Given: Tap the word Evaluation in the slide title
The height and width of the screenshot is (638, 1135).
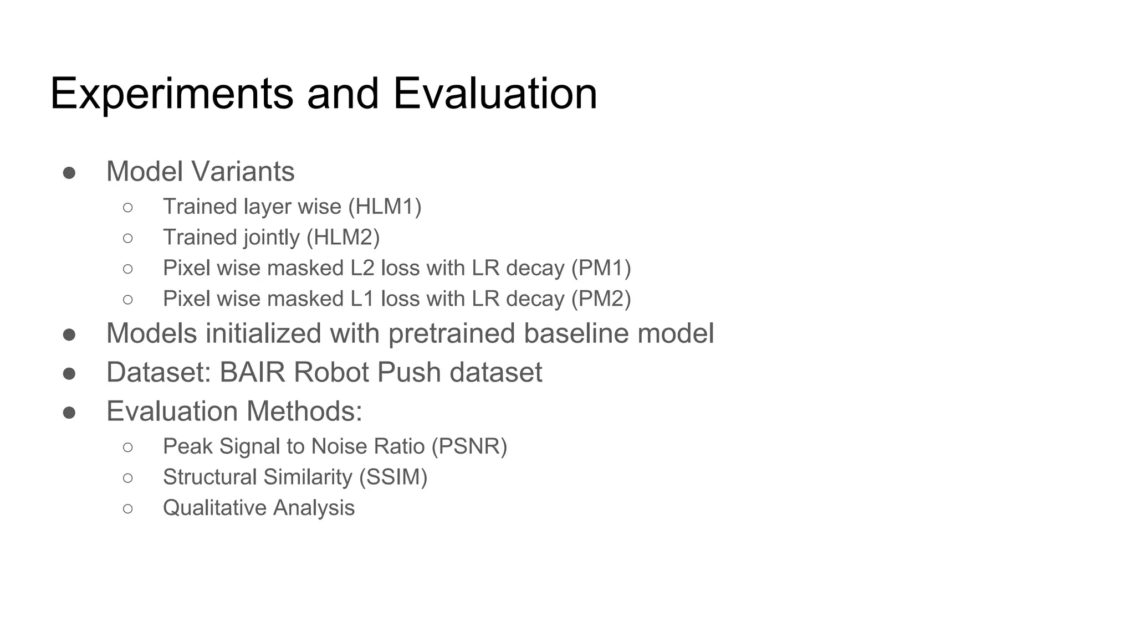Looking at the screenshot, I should click(x=495, y=94).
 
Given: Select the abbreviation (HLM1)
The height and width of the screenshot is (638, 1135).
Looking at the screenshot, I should click(x=385, y=207).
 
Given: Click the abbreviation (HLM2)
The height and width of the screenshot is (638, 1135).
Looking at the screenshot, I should click(x=343, y=237).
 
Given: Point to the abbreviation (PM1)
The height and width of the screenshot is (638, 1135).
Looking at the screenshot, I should click(x=601, y=268).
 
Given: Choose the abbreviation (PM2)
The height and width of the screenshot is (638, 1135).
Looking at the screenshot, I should click(x=601, y=299).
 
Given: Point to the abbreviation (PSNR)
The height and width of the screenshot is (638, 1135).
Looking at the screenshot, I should click(x=469, y=446).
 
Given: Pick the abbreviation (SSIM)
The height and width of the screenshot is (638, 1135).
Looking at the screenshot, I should click(x=393, y=477).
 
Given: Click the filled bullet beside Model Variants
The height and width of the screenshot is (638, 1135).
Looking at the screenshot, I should click(x=69, y=173).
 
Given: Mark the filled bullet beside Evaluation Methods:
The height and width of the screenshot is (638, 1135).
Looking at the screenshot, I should click(x=69, y=413).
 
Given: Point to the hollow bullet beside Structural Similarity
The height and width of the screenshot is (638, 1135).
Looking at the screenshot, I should click(x=128, y=477).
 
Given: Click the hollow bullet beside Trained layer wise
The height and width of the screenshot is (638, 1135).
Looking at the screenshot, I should click(x=128, y=207).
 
